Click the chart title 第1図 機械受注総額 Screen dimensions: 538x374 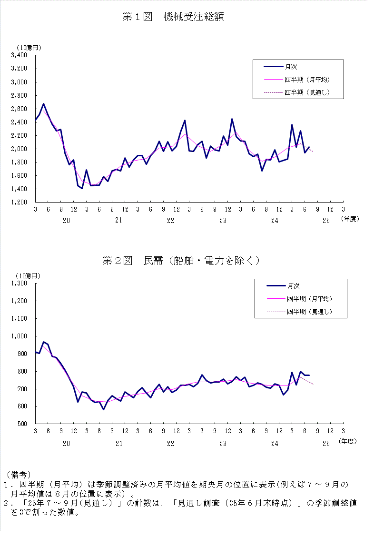tap(173, 17)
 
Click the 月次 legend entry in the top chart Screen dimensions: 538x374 tap(291, 67)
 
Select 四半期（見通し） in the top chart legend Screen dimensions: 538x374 tap(307, 92)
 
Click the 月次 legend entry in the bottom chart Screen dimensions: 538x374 tap(293, 286)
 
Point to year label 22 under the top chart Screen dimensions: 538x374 tap(170, 220)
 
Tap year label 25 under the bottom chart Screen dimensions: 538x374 tap(326, 444)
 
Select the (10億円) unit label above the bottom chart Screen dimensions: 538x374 tap(29, 276)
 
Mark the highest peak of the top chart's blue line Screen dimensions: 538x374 tap(43, 103)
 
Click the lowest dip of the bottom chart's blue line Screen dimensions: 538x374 tap(103, 409)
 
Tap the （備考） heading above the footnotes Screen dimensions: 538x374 tap(19, 475)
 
